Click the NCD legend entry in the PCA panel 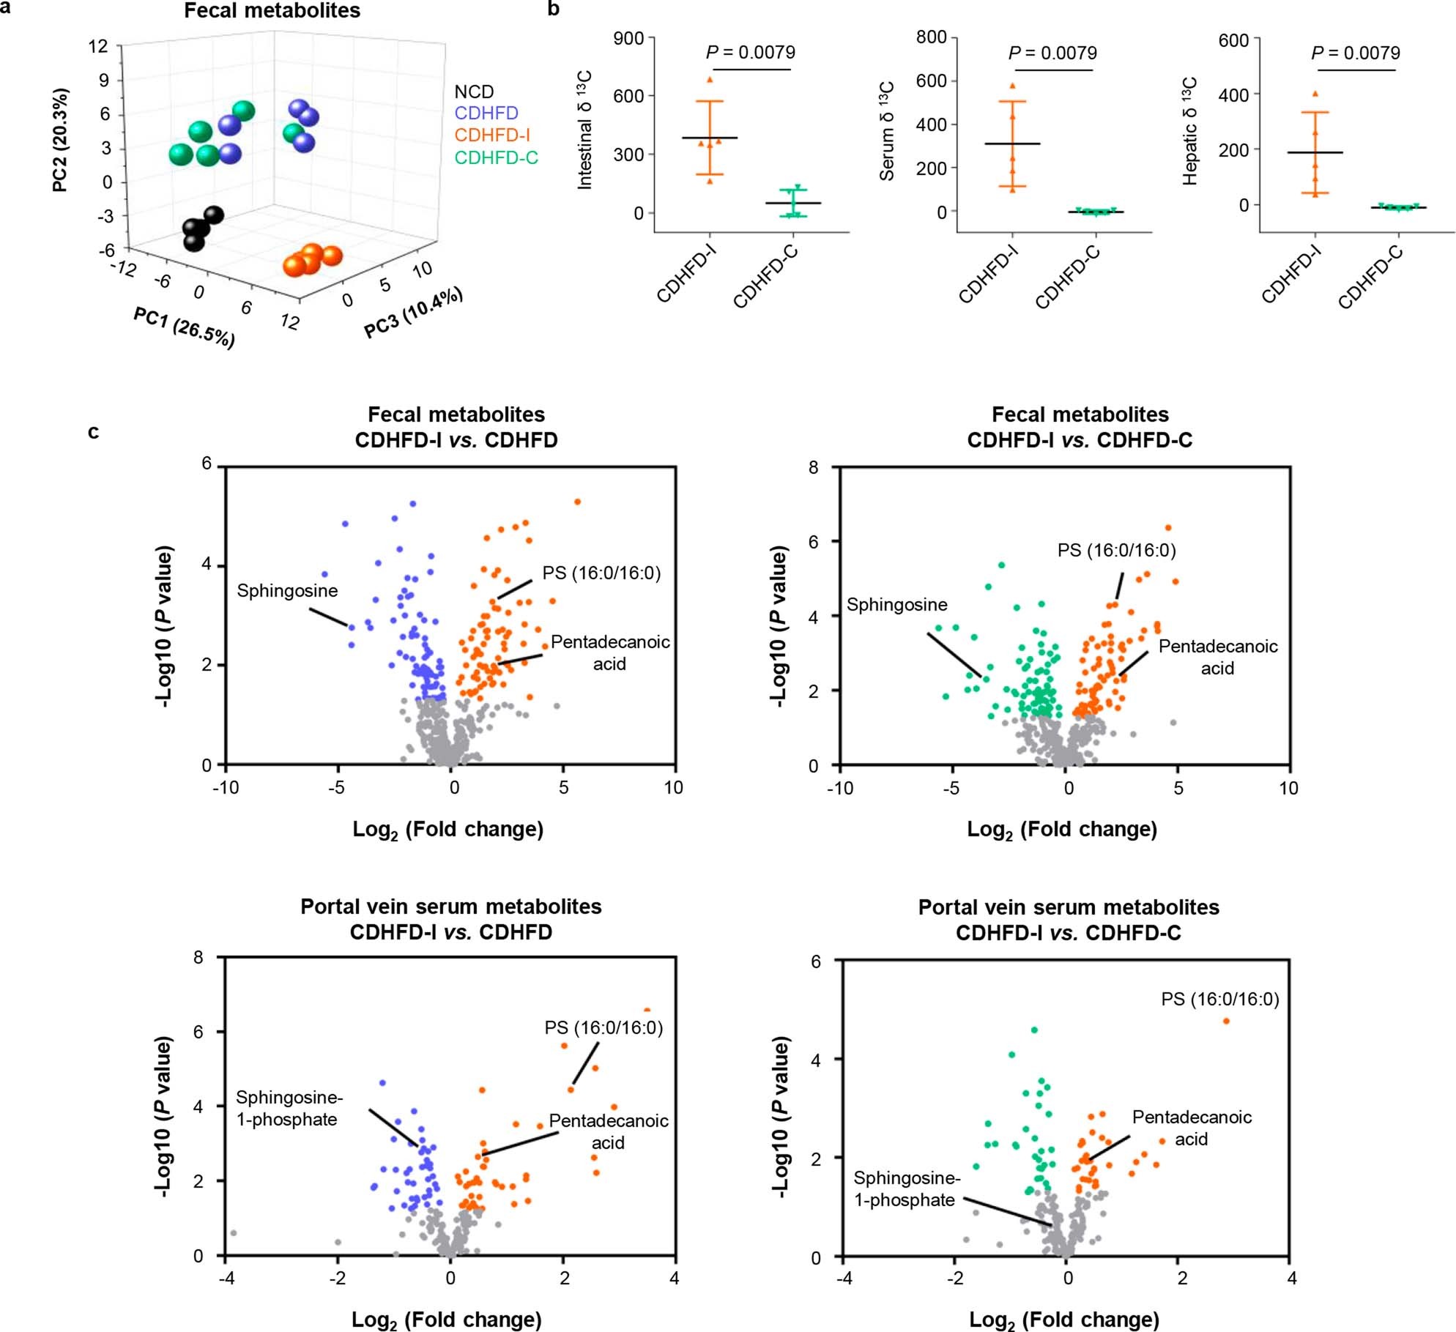tap(474, 92)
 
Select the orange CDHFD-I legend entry tap(491, 135)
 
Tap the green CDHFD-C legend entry tap(496, 157)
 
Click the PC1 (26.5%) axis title tap(184, 327)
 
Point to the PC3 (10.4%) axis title tap(413, 313)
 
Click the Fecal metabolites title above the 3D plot tap(272, 11)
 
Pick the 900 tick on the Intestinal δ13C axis tap(628, 39)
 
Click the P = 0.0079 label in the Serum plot tap(1052, 53)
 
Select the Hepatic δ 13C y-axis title tap(1189, 132)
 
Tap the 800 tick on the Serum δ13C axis tap(931, 37)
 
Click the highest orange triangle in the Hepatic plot tap(1315, 94)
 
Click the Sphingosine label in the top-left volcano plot tap(287, 591)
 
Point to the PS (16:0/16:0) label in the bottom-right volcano tap(1219, 999)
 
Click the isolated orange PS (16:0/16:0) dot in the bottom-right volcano tap(1226, 1021)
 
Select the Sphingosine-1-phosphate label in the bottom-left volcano tap(289, 1108)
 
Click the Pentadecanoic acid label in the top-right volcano tap(1217, 657)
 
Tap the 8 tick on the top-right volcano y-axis tap(814, 468)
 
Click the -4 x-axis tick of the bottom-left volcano tap(227, 1278)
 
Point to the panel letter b tap(554, 9)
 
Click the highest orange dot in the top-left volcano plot tap(577, 502)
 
